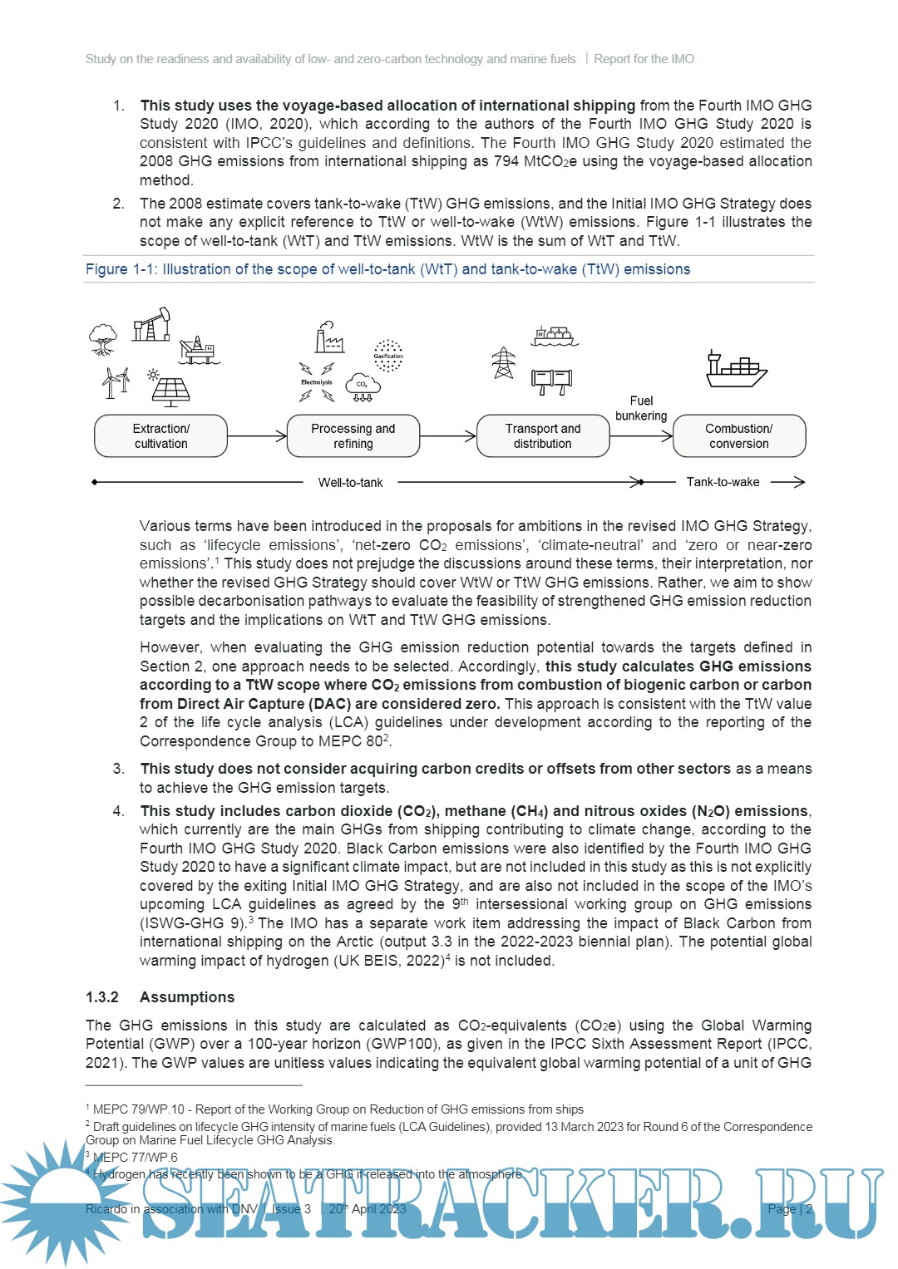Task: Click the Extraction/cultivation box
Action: click(x=160, y=435)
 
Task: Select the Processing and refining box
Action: click(x=353, y=435)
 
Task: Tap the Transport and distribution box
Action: click(x=542, y=435)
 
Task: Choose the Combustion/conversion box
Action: click(x=738, y=435)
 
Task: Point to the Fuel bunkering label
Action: click(x=641, y=408)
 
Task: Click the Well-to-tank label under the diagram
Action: click(x=350, y=482)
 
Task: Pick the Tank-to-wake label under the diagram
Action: click(x=723, y=482)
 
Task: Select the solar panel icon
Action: click(x=170, y=391)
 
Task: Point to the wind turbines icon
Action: click(x=116, y=381)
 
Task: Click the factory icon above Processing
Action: click(x=329, y=337)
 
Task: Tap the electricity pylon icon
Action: click(x=503, y=362)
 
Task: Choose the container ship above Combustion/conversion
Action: click(x=736, y=369)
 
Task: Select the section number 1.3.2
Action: click(x=102, y=997)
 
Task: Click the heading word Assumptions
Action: click(x=187, y=997)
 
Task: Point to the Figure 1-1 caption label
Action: click(x=387, y=269)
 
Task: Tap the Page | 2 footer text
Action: click(x=790, y=1209)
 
